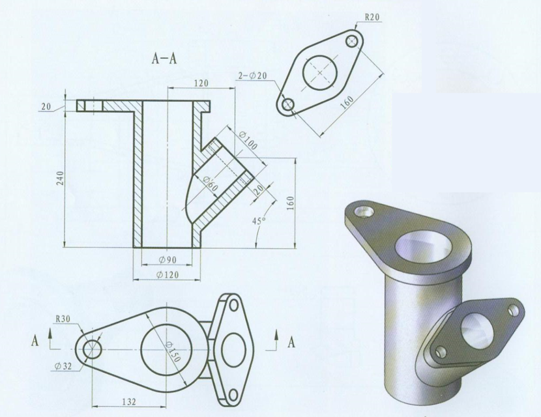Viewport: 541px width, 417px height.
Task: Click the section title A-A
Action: (x=164, y=59)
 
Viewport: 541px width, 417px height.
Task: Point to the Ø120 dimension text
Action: (x=168, y=275)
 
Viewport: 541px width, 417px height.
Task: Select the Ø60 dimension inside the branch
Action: (x=210, y=184)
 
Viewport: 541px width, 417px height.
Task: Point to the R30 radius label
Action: (x=63, y=319)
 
